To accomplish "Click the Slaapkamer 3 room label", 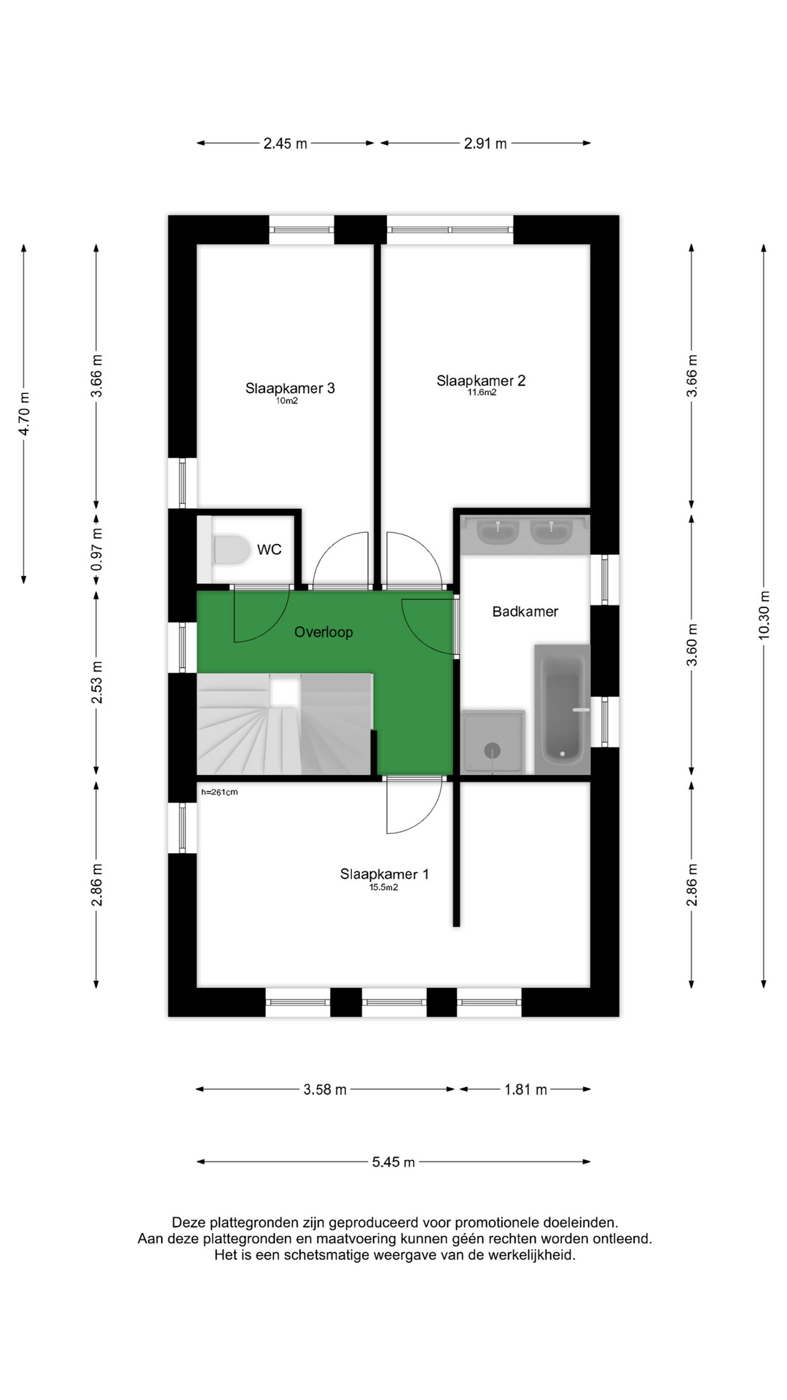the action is [290, 389].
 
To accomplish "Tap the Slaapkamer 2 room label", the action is [481, 381].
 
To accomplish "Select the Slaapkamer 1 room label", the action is [384, 874].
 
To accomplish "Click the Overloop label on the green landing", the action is [324, 632].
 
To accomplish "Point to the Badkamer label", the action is [525, 612].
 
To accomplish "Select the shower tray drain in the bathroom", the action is [493, 750].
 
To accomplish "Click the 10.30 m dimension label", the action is [764, 615].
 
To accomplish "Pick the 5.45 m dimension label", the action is [393, 1162].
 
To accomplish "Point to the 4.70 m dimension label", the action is [24, 414].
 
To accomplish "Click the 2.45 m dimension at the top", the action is [286, 144].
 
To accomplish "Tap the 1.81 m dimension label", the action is [525, 1090].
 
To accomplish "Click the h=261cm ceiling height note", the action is [219, 792].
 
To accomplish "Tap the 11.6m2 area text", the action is [482, 392].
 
